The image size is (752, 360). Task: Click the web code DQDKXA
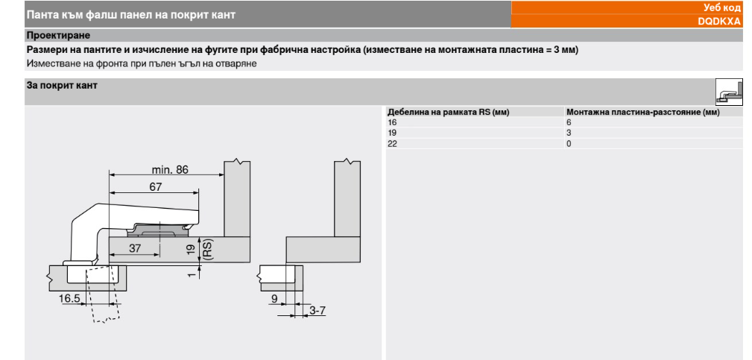(x=719, y=22)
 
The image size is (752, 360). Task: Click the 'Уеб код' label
(x=721, y=7)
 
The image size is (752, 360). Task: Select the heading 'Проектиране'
(x=59, y=36)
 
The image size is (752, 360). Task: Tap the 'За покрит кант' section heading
(x=62, y=85)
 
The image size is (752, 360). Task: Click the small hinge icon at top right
(x=729, y=92)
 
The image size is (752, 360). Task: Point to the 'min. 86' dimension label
(x=170, y=169)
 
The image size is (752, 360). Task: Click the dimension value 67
(x=155, y=187)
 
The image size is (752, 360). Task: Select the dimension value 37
(x=135, y=248)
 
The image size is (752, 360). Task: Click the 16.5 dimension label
(x=69, y=299)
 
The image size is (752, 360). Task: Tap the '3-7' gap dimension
(x=317, y=311)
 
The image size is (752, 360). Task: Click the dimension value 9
(x=274, y=299)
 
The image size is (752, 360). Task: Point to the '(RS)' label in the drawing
(x=208, y=249)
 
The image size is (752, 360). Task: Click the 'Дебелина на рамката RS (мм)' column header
(x=449, y=112)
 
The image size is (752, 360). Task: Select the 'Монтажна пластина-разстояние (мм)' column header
(x=643, y=112)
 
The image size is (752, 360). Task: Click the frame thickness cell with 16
(x=392, y=122)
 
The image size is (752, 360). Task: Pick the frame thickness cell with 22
(x=392, y=143)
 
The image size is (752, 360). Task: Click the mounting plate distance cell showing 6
(x=569, y=122)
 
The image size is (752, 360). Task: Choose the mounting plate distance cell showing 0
(x=569, y=143)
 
